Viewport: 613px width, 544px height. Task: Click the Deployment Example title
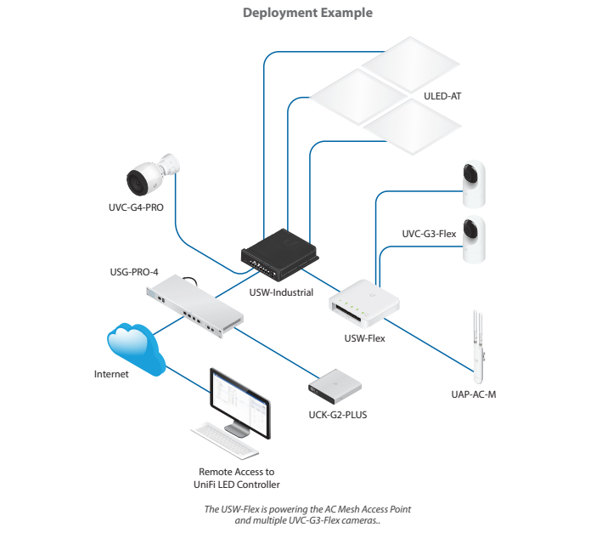(307, 13)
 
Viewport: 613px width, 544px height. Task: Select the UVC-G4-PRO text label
(135, 207)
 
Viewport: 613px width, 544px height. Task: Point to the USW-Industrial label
(281, 292)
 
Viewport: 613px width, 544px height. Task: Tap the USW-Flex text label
(364, 338)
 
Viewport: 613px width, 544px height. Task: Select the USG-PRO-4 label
(135, 272)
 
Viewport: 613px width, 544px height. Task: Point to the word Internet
(110, 374)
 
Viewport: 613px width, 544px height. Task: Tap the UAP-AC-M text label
(473, 395)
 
